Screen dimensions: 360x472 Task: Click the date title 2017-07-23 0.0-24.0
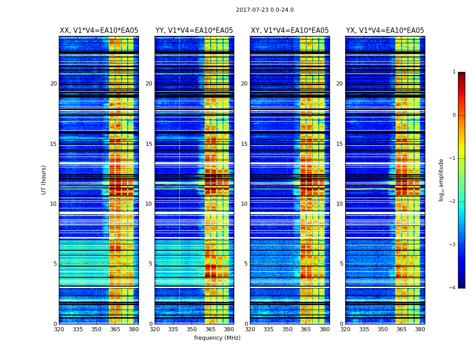[x=265, y=10]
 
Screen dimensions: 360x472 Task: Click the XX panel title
[x=99, y=31]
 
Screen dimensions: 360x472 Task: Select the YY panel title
[x=194, y=31]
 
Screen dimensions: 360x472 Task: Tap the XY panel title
[x=289, y=31]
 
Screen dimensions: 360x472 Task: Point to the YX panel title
[x=385, y=31]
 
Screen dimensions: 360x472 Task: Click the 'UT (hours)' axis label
[x=44, y=180]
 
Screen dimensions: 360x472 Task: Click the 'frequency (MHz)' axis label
[x=217, y=338]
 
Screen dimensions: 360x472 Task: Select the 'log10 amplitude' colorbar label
[x=441, y=180]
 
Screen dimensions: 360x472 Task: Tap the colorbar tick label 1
[x=454, y=72]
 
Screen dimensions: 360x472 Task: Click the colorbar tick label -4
[x=453, y=288]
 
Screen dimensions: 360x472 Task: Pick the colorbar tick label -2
[x=453, y=202]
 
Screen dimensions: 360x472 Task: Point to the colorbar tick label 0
[x=454, y=115]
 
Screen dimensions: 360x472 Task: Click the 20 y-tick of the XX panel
[x=53, y=84]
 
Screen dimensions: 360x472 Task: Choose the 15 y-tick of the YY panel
[x=149, y=144]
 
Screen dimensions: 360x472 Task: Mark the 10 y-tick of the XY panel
[x=244, y=204]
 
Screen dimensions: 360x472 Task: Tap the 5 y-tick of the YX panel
[x=341, y=264]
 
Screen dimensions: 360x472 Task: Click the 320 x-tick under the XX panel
[x=59, y=329]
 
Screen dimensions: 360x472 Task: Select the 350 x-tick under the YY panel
[x=192, y=329]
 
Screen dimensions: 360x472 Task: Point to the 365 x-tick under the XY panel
[x=306, y=329]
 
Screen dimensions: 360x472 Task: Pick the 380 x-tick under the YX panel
[x=420, y=329]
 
